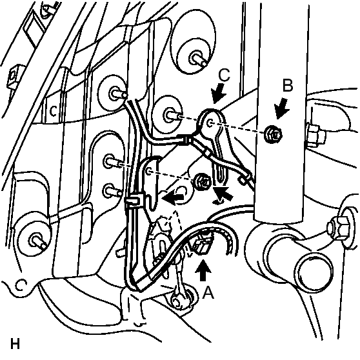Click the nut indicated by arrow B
274,135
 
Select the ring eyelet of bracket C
210,120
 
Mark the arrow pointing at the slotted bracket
223,193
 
